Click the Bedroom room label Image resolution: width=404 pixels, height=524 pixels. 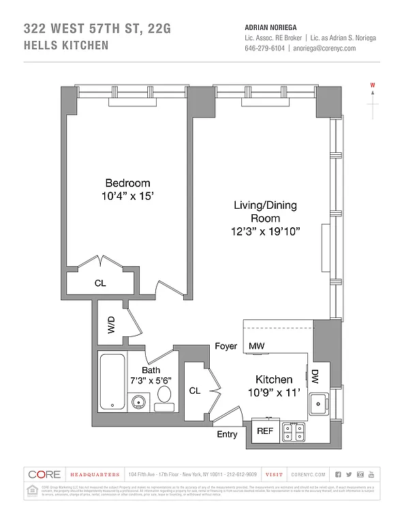pos(127,183)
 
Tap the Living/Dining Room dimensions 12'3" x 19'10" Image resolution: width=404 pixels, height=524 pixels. pos(265,231)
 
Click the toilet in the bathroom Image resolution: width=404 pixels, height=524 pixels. pos(164,396)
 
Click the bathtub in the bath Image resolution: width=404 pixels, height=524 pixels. pos(111,382)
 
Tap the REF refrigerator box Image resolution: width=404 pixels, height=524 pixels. pos(264,431)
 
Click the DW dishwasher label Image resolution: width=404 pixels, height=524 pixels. pos(315,376)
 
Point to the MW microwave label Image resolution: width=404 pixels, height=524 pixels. pos(256,347)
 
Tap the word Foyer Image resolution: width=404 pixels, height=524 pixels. pos(226,347)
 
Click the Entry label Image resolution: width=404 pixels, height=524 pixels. pos(227,435)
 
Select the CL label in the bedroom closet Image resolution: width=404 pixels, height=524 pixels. pos(100,283)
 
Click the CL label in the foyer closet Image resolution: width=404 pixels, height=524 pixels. pos(194,391)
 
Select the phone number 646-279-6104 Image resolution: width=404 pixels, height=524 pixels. pos(264,49)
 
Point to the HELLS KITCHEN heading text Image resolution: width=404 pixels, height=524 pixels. pos(66,46)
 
